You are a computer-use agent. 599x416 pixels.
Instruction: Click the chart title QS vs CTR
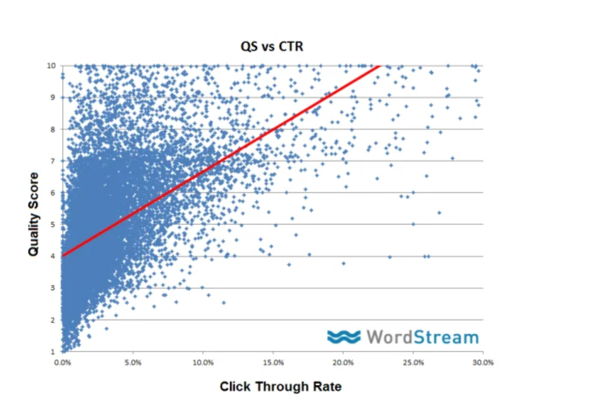point(272,46)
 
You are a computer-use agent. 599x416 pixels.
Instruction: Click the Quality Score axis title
point(33,214)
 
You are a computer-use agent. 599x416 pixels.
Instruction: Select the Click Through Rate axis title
point(280,387)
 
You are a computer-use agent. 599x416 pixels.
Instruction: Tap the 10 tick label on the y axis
point(51,66)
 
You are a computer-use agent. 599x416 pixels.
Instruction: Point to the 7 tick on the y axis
point(53,161)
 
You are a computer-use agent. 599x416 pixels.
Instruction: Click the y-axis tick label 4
point(53,256)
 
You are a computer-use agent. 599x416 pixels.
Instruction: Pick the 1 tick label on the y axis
point(53,352)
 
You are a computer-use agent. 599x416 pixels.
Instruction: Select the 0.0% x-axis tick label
point(63,363)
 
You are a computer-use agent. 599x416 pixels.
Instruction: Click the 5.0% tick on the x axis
point(133,363)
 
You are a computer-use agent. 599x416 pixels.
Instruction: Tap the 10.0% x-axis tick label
point(203,363)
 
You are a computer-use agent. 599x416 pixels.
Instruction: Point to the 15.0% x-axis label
point(273,363)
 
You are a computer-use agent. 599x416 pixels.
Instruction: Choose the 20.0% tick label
point(343,363)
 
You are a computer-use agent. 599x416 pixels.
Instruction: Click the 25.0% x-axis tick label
point(413,363)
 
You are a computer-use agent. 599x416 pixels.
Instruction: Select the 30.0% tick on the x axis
point(483,363)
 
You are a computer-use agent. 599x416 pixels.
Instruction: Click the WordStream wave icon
point(344,337)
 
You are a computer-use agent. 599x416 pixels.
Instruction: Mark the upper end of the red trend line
point(380,66)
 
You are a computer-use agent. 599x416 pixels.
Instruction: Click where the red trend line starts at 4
point(63,256)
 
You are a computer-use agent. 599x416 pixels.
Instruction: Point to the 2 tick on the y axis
point(53,320)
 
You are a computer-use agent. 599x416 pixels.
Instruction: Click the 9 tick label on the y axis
point(53,97)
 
